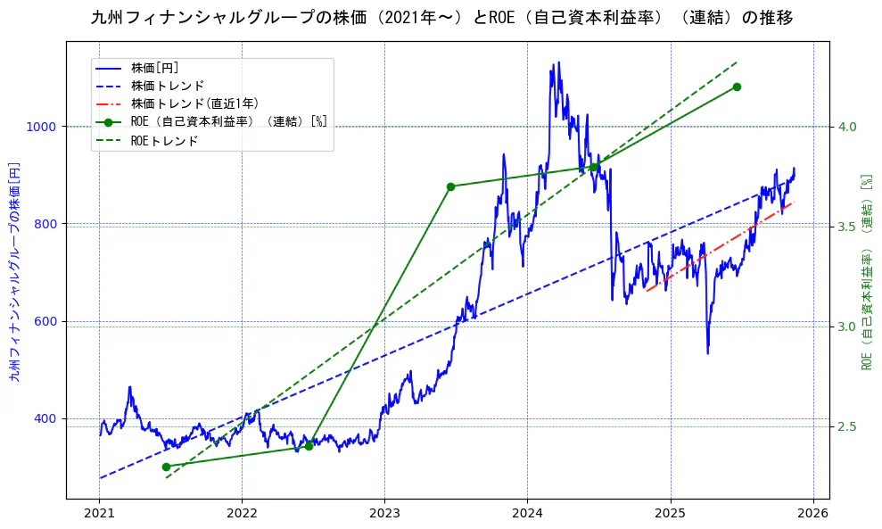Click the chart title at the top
[x=441, y=18]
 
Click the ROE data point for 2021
[x=166, y=467]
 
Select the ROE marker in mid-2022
[x=309, y=446]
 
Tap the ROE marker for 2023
[x=450, y=186]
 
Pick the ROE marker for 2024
[x=593, y=167]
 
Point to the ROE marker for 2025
[x=737, y=87]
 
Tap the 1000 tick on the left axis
[x=45, y=127]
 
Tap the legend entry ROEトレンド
[x=165, y=140]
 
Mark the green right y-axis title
[x=866, y=271]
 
